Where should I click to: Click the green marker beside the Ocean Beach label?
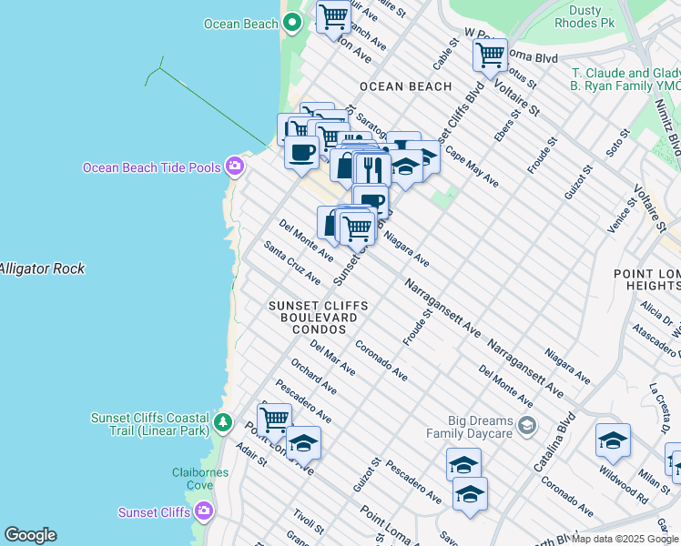[x=292, y=24]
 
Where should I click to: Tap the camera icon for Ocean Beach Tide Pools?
[x=235, y=166]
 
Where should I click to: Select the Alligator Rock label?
[x=42, y=268]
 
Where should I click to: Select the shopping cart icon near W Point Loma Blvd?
[x=490, y=54]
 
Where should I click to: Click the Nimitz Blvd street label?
[x=673, y=127]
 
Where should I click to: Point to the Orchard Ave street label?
[x=313, y=376]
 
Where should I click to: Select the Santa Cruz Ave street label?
[x=291, y=262]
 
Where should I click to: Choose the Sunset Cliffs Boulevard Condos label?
[x=319, y=317]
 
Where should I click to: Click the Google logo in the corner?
[x=30, y=535]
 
